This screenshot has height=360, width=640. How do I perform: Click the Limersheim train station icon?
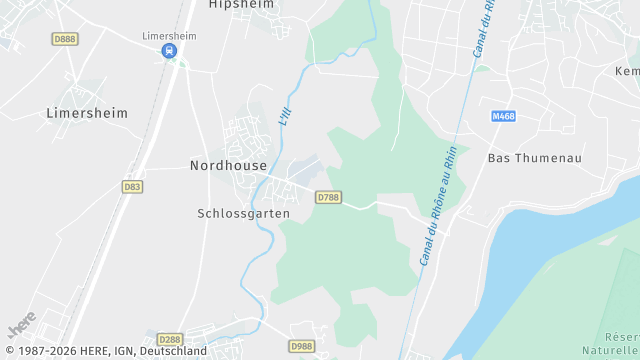[171, 51]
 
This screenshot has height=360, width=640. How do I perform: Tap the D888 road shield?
[64, 39]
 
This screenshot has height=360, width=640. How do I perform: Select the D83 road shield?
[132, 186]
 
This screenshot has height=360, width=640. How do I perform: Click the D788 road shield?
[327, 197]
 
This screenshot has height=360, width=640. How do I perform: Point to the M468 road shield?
[503, 117]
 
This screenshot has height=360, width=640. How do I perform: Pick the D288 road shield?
[170, 340]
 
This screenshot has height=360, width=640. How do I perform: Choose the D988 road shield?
[301, 345]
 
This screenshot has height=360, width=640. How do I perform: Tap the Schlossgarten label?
[244, 213]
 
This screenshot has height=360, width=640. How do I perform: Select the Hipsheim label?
[241, 5]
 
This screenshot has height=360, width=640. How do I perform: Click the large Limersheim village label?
[87, 113]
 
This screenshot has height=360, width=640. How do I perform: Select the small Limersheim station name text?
[169, 35]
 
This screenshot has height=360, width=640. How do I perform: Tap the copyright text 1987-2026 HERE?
[104, 351]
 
